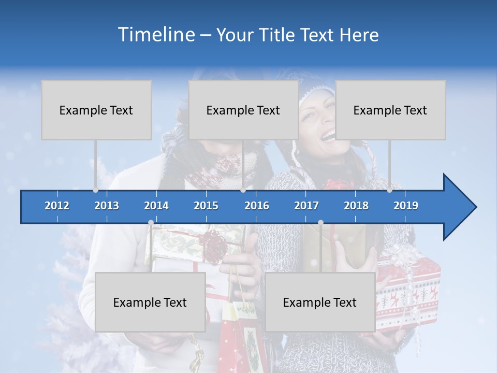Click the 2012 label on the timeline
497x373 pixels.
point(57,206)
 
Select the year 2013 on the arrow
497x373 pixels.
point(107,206)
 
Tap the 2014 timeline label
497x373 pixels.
point(156,206)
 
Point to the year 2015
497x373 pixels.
point(206,206)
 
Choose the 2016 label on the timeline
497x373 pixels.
point(257,206)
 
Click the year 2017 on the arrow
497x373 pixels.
point(306,206)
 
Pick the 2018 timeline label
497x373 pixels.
point(356,206)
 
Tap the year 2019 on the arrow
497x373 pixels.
point(406,206)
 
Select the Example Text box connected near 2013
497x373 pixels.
point(96,110)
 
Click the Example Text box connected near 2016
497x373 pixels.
point(243,110)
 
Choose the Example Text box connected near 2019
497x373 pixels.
point(390,110)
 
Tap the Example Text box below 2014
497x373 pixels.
point(150,302)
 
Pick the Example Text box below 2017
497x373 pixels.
point(320,302)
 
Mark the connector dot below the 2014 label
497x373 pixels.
point(151,223)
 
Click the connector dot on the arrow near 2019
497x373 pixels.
point(390,190)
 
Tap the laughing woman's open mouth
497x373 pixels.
point(328,136)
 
